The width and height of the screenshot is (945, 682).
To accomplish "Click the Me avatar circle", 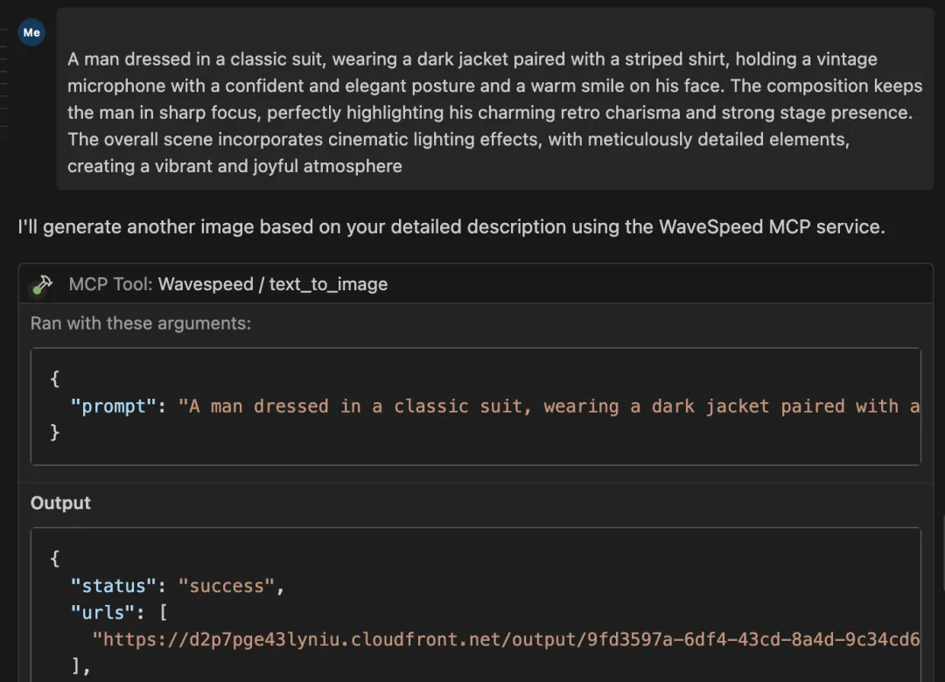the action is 31,32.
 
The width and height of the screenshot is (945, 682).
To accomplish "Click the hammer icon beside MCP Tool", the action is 42,284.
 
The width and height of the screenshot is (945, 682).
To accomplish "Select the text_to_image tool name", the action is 328,284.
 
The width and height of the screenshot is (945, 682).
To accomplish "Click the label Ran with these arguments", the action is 140,324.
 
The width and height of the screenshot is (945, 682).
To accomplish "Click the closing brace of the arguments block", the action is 55,432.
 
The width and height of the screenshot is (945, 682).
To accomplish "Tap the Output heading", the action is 60,503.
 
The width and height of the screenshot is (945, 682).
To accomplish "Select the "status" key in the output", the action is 114,586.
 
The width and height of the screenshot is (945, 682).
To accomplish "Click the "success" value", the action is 227,586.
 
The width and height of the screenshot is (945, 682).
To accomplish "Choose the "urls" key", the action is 103,613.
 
